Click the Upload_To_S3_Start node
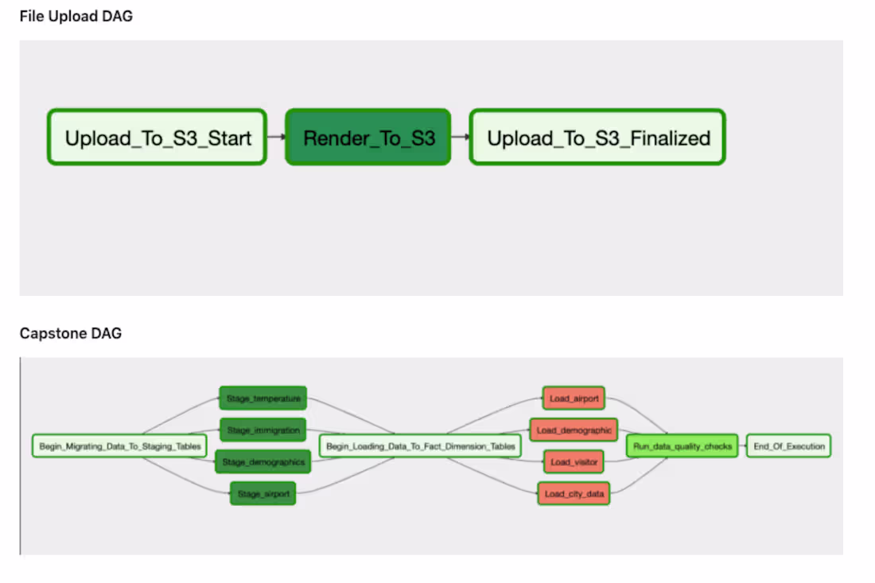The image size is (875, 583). (x=157, y=138)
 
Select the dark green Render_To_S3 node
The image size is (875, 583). (x=368, y=138)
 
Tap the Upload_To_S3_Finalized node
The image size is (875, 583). (x=597, y=138)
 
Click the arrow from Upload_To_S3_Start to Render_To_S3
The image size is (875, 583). (x=276, y=138)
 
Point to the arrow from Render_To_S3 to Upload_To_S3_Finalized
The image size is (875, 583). (x=460, y=138)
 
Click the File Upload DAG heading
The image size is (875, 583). (x=76, y=16)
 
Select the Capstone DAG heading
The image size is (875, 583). (x=71, y=333)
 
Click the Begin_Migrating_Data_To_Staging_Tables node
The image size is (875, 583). (x=119, y=446)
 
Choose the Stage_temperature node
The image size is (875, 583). (x=263, y=398)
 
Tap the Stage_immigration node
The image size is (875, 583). (x=262, y=430)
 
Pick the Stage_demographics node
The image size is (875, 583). (x=262, y=462)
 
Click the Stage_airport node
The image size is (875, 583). (x=262, y=494)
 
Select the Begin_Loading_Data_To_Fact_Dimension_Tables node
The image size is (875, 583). (x=420, y=446)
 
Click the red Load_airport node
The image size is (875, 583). (x=574, y=398)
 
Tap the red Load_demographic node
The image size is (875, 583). (x=574, y=430)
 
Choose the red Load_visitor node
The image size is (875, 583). (x=574, y=462)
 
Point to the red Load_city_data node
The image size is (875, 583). (x=574, y=494)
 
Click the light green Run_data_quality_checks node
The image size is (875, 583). (x=682, y=446)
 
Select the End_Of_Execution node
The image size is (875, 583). (x=788, y=446)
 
